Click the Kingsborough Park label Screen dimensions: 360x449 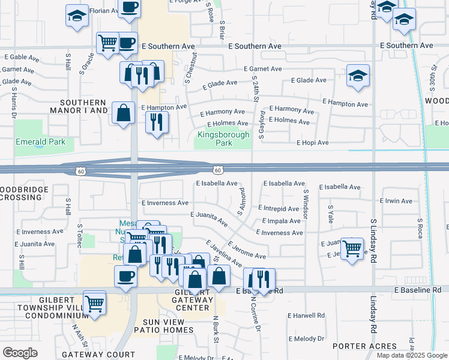pyautogui.click(x=223, y=139)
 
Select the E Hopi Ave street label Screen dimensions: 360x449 pyautogui.click(x=313, y=143)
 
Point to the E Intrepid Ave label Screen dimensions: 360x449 pyautogui.click(x=279, y=209)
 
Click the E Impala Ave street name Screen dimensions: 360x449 pyautogui.click(x=279, y=221)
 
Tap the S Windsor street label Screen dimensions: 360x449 pyautogui.click(x=306, y=204)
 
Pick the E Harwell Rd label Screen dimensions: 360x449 pyautogui.click(x=306, y=315)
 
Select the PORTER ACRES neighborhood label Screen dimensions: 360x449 pyautogui.click(x=364, y=346)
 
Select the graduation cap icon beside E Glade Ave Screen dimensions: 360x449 pyautogui.click(x=358, y=76)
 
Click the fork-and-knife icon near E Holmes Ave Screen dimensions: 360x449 pyautogui.click(x=157, y=122)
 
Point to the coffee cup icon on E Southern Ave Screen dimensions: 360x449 pyautogui.click(x=127, y=43)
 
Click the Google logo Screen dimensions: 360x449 pyautogui.click(x=20, y=353)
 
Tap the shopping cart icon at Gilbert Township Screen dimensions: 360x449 pyautogui.click(x=95, y=304)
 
